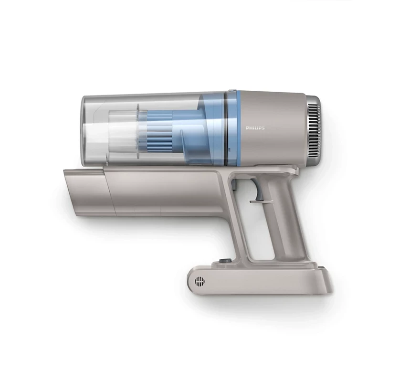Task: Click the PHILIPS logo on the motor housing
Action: (x=255, y=128)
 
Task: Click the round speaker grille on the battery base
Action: (x=200, y=281)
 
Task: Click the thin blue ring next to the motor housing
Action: (x=239, y=128)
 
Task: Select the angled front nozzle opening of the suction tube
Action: (x=86, y=191)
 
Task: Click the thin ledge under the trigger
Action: (x=262, y=202)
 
